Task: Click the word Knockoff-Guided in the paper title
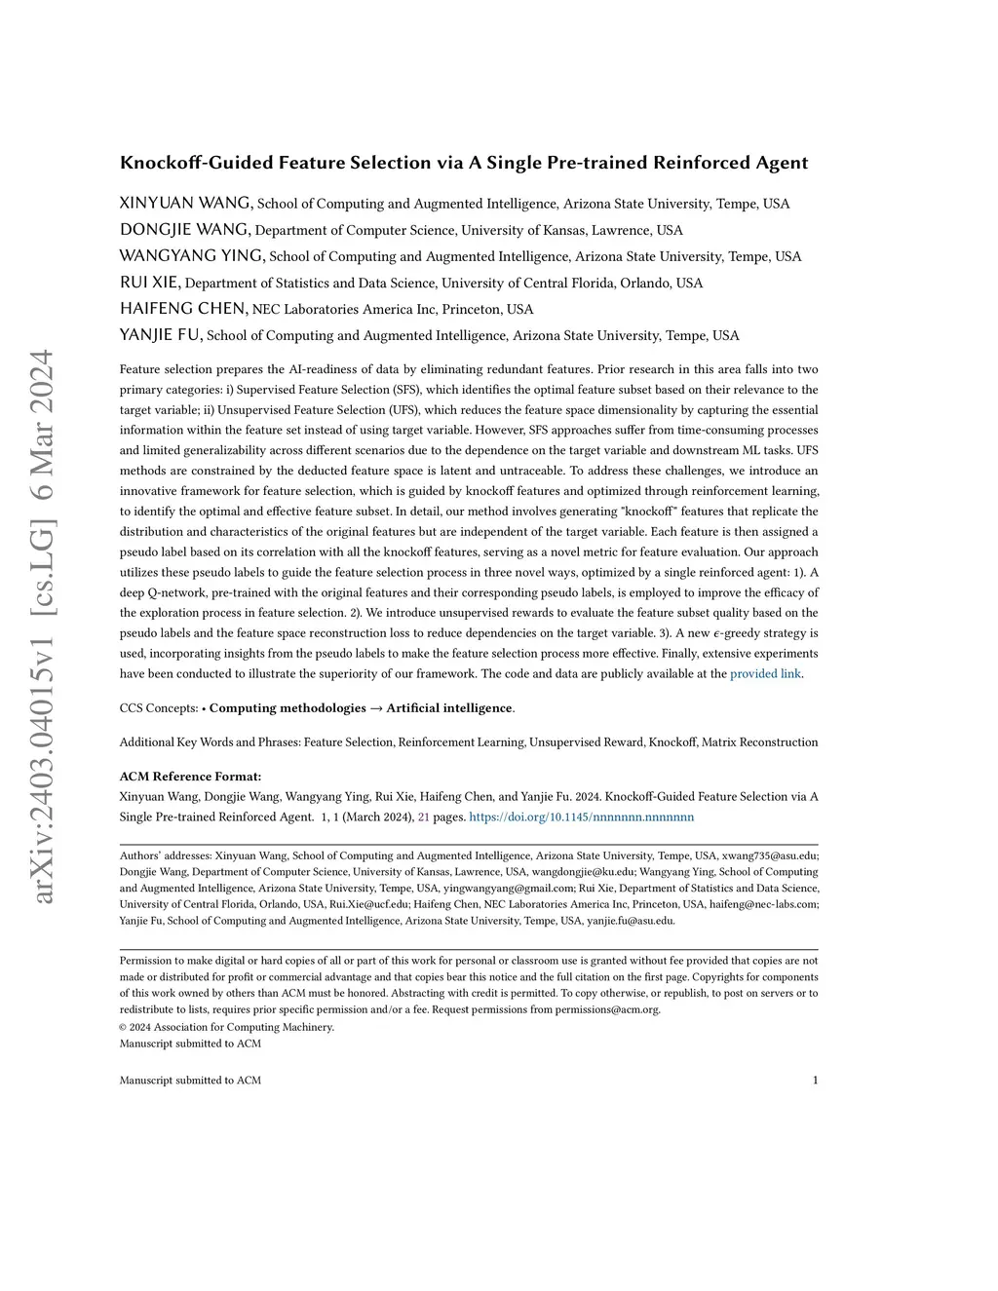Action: [x=197, y=163]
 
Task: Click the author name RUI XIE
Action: [x=150, y=283]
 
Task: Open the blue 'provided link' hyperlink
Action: [x=765, y=673]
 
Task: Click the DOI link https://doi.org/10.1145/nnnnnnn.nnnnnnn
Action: [x=581, y=816]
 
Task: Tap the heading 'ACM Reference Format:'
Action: [x=190, y=777]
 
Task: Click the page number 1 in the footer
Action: [x=815, y=1080]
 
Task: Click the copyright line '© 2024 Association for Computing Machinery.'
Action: [x=226, y=1027]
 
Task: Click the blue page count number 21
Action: [x=423, y=816]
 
